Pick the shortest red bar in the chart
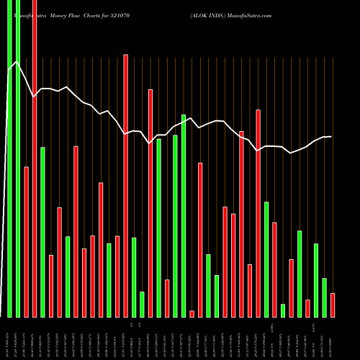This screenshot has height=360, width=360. [x=192, y=313]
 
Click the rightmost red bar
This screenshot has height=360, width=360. [x=333, y=305]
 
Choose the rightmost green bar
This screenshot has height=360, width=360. [x=324, y=297]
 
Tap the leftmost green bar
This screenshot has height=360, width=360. [x=9, y=158]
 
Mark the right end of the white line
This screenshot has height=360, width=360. [x=331, y=137]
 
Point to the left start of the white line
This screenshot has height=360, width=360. [x=9, y=70]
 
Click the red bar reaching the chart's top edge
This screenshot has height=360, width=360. [x=35, y=158]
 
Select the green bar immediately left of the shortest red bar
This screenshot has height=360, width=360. [x=184, y=215]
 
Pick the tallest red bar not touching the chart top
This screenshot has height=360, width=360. [x=125, y=185]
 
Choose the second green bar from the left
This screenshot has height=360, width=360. [x=18, y=158]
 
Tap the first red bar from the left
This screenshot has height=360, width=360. [x=26, y=241]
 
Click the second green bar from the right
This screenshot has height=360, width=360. [x=316, y=280]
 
